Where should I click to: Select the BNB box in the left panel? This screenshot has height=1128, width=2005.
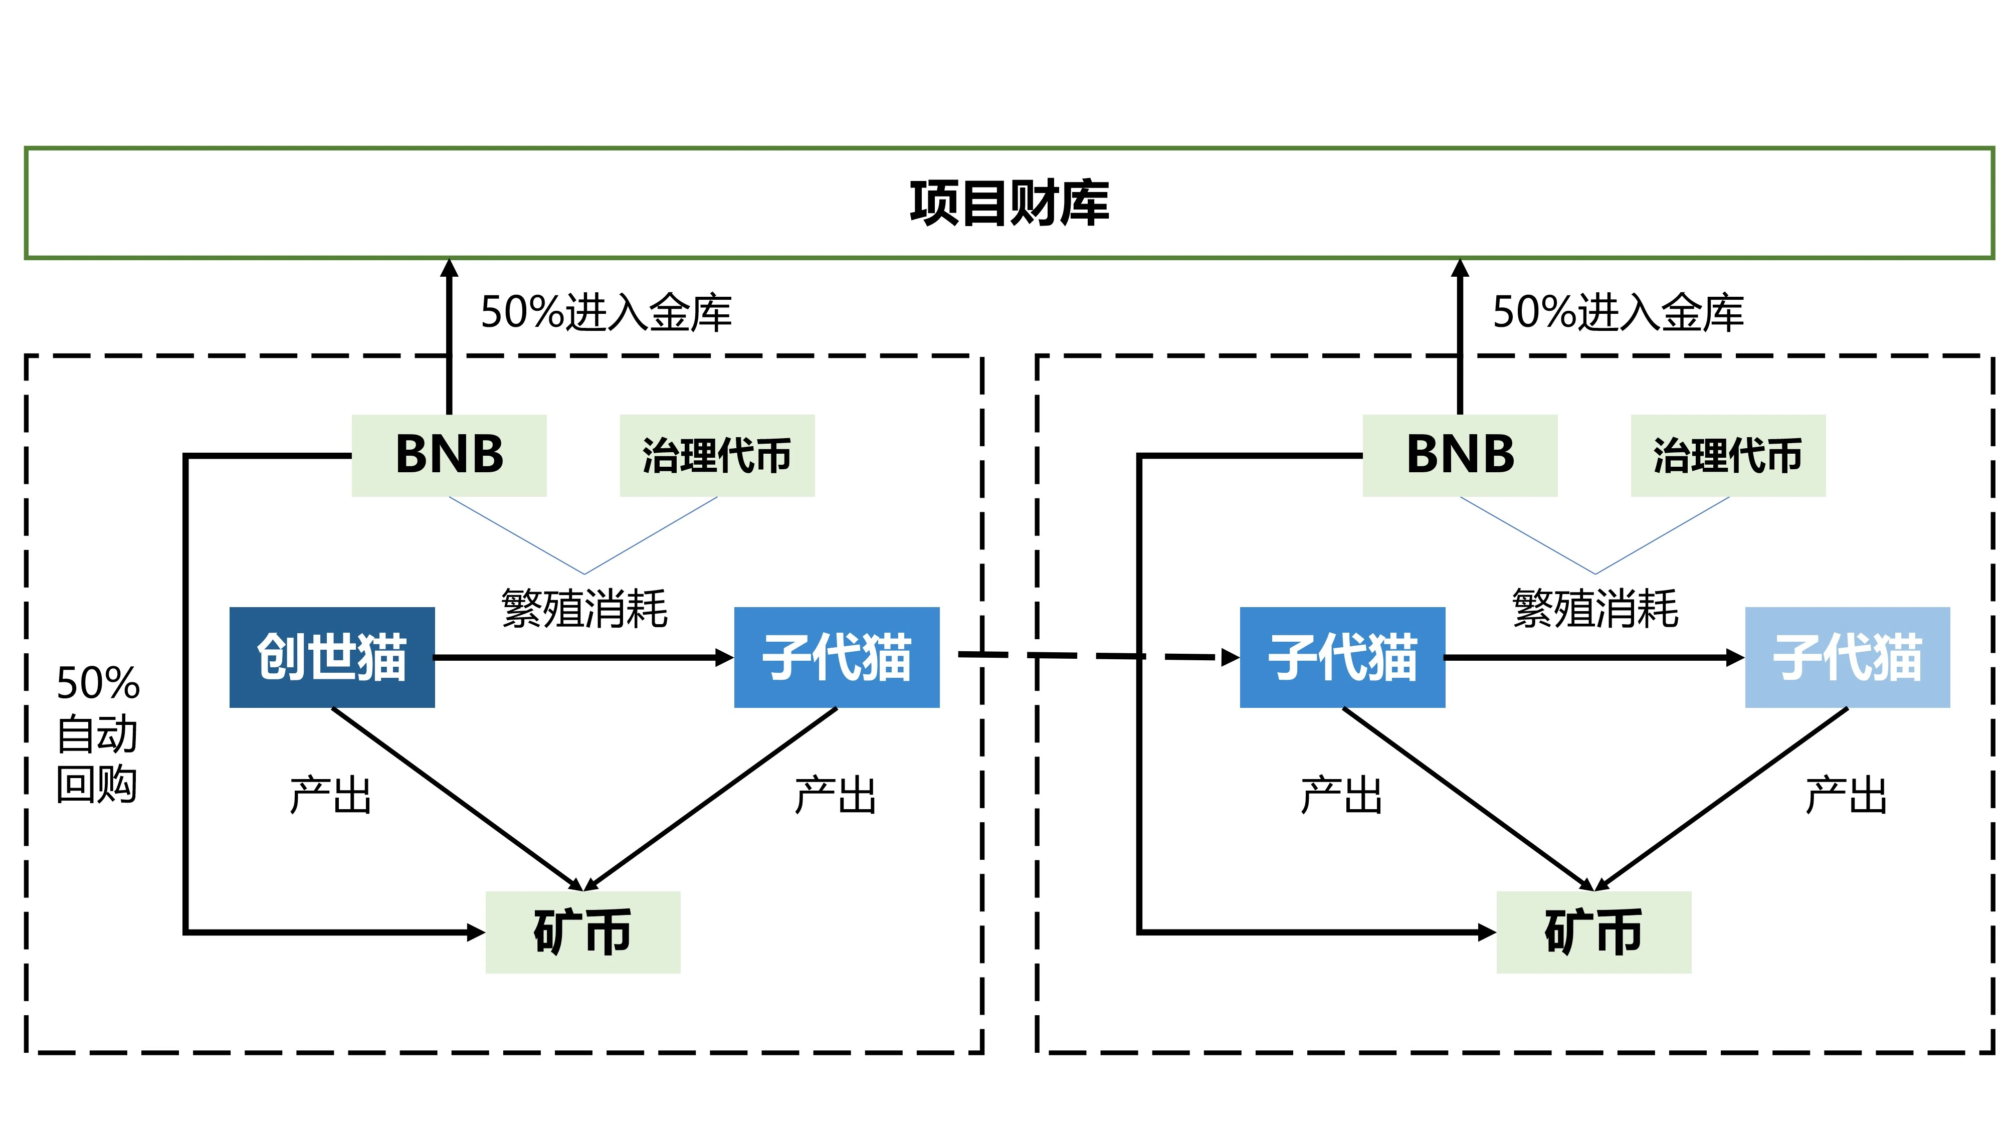pos(449,455)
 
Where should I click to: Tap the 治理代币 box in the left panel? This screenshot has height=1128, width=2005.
pos(717,455)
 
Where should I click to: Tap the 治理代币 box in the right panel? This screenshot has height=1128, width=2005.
pos(1728,455)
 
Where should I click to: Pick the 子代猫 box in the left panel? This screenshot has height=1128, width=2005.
pos(837,657)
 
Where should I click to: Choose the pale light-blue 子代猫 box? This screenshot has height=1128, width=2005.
pos(1847,657)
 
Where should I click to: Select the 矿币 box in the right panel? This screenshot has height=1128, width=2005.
pos(1593,932)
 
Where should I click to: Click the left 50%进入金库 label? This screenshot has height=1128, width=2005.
pos(606,313)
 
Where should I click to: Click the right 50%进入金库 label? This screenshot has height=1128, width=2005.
pos(1618,313)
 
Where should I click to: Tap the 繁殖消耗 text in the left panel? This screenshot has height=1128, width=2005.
pos(584,608)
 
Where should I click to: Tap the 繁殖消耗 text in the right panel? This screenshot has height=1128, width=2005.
pos(1595,608)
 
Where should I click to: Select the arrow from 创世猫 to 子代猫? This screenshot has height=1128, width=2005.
pos(584,658)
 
